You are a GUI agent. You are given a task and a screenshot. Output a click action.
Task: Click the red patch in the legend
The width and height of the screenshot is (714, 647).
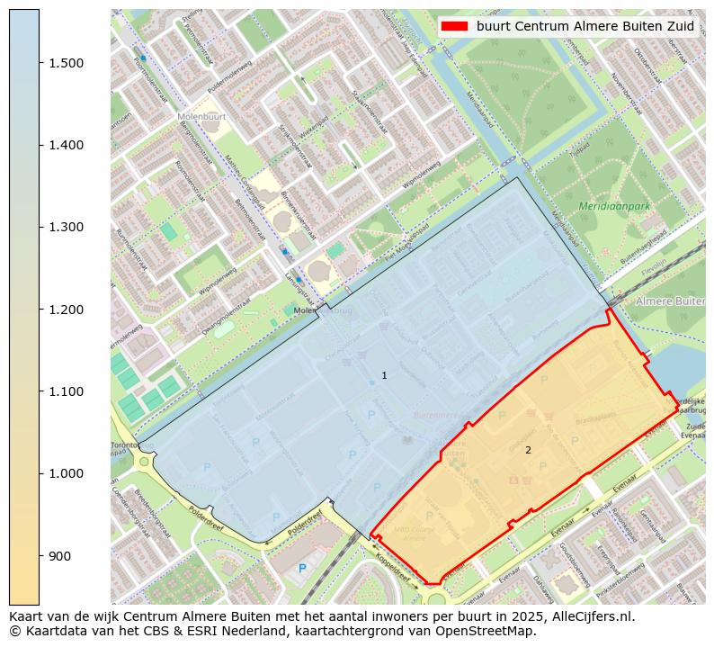point(455,26)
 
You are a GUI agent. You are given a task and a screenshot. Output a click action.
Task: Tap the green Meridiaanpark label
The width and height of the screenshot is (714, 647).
point(614,206)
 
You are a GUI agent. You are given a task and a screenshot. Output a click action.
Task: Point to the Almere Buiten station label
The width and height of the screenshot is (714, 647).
point(670,301)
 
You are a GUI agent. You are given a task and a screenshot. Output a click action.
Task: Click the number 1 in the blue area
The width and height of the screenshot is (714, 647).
point(384,375)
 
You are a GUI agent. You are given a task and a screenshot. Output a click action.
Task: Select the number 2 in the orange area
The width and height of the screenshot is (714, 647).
point(528,450)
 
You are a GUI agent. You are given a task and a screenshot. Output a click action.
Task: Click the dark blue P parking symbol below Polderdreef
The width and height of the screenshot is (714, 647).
point(302,568)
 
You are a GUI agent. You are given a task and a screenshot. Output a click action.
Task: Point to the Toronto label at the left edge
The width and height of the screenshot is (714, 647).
point(123,445)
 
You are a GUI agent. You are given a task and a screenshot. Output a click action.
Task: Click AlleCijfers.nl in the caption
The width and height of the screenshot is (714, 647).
point(592,617)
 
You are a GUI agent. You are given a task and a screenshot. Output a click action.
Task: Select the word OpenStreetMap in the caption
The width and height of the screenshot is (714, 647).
point(489,631)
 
